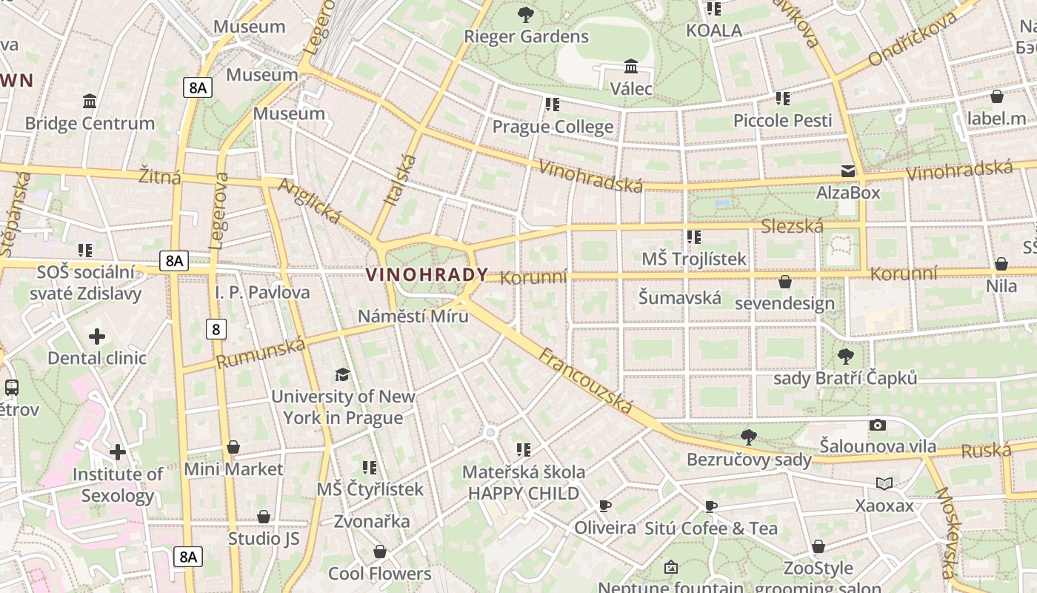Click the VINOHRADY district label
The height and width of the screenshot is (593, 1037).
click(427, 275)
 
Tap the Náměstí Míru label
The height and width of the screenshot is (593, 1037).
click(413, 317)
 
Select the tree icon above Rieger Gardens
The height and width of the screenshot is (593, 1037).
click(526, 14)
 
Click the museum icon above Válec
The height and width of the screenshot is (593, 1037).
click(631, 67)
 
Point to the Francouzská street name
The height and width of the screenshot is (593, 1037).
click(586, 381)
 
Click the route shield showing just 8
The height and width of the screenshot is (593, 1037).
click(216, 329)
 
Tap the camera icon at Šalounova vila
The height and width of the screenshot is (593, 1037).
click(878, 425)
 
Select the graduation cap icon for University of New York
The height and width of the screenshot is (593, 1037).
click(342, 374)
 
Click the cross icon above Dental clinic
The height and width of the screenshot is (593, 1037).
click(97, 337)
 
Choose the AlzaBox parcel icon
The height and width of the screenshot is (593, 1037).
click(848, 171)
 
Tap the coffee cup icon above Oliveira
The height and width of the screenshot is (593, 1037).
click(605, 506)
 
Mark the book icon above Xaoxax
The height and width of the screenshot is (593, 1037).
click(884, 484)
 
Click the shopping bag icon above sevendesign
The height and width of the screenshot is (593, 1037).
click(785, 282)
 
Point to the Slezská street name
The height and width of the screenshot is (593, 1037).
click(792, 226)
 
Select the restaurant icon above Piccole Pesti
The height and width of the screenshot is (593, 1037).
click(783, 99)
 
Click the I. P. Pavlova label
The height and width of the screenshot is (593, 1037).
click(262, 292)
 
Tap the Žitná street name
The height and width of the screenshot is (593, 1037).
click(160, 176)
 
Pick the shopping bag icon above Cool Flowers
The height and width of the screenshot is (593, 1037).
click(380, 552)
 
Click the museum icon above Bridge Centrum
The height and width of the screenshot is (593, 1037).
click(90, 101)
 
